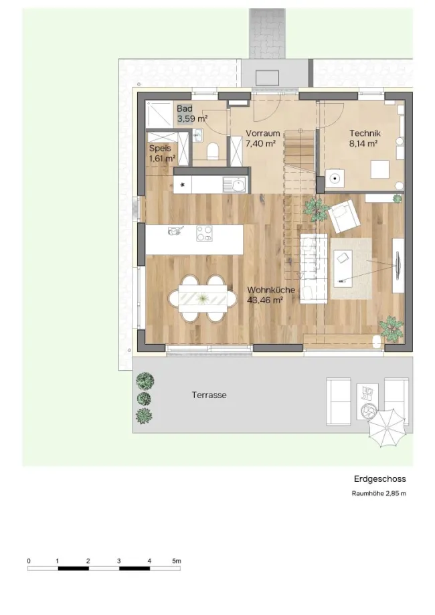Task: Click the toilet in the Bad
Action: pos(212,151)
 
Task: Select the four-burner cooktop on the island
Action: pos(204,233)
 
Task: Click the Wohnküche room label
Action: pos(271,290)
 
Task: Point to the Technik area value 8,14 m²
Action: pos(363,144)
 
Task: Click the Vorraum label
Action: pos(263,133)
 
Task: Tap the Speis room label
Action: pos(160,149)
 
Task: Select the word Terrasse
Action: pos(209,395)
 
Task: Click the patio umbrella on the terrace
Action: pos(386,428)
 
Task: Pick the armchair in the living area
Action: pos(344,215)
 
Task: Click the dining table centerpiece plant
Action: pos(202,299)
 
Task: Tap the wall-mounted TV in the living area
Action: pos(398,265)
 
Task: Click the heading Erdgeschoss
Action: pos(379,479)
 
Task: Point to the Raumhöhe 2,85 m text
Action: pos(379,494)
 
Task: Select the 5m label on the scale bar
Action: pos(177,561)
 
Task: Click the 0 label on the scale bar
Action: pos(29,561)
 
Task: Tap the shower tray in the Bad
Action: pos(159,114)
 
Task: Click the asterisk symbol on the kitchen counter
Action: pos(183,185)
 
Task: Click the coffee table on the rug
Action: pos(343,266)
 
